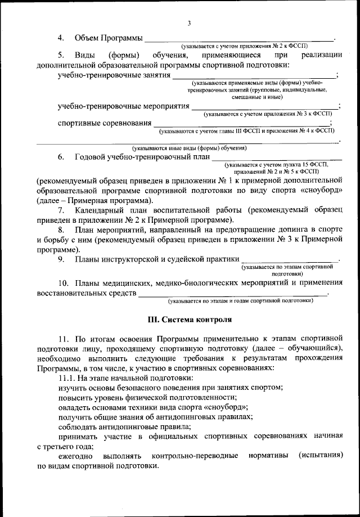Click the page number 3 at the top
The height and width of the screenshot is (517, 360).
[190, 23]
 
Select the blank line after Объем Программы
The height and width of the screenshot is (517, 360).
[240, 39]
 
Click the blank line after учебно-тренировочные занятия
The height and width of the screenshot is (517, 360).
[254, 77]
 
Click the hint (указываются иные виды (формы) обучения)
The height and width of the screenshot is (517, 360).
[189, 148]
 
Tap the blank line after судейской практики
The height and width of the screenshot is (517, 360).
[290, 260]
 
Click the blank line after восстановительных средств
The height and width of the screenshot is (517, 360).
[233, 294]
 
